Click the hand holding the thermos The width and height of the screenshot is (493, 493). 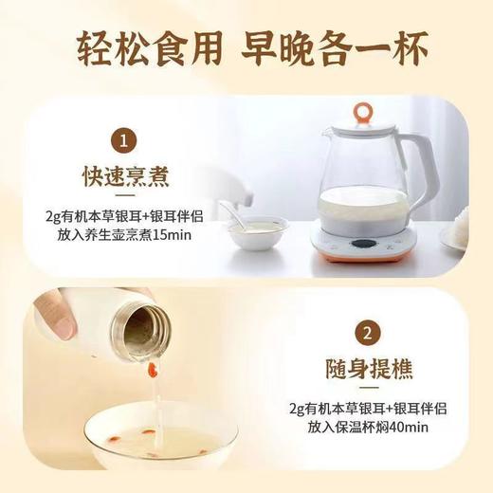click(x=52, y=318)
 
